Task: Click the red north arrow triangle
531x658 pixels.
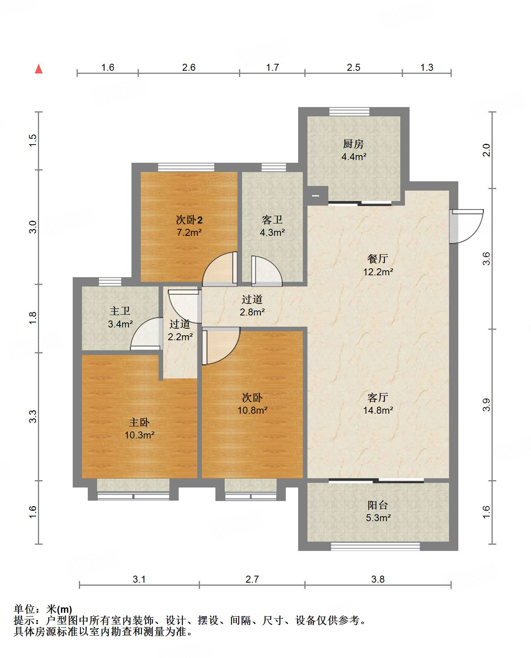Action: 39,69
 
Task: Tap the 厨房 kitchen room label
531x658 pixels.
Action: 353,144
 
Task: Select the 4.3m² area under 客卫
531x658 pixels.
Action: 272,233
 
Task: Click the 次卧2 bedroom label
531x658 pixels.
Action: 189,220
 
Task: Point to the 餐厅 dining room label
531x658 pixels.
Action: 378,259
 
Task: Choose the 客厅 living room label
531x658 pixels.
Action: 378,397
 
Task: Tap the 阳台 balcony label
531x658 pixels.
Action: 378,505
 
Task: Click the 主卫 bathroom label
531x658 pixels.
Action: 120,311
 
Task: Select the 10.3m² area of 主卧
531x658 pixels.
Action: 140,435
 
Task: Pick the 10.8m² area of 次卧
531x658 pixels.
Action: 253,411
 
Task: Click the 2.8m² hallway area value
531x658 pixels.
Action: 252,312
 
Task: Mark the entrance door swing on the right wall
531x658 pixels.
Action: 466,227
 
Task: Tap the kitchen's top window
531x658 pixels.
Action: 349,112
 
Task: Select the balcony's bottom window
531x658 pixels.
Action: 375,546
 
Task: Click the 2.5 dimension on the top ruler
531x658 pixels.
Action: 353,68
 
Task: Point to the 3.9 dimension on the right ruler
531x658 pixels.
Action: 487,405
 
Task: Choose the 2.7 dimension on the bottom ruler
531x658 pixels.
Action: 252,579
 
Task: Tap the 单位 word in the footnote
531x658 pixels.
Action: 24,609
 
